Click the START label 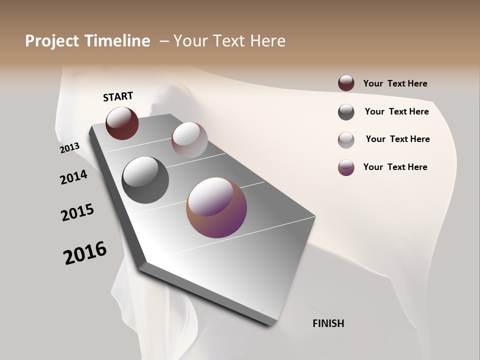[118, 96]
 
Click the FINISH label [328, 323]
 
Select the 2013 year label [70, 148]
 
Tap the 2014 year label [73, 177]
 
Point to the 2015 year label [77, 212]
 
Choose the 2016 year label [85, 252]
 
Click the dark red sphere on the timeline [122, 123]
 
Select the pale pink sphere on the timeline [189, 140]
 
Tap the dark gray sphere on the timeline [145, 180]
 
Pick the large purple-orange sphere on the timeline [216, 207]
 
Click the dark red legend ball [346, 83]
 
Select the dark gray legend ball [346, 112]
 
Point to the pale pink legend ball [346, 140]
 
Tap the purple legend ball [346, 167]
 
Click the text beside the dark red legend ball [395, 83]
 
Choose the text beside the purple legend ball [395, 167]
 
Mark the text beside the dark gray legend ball [396, 111]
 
